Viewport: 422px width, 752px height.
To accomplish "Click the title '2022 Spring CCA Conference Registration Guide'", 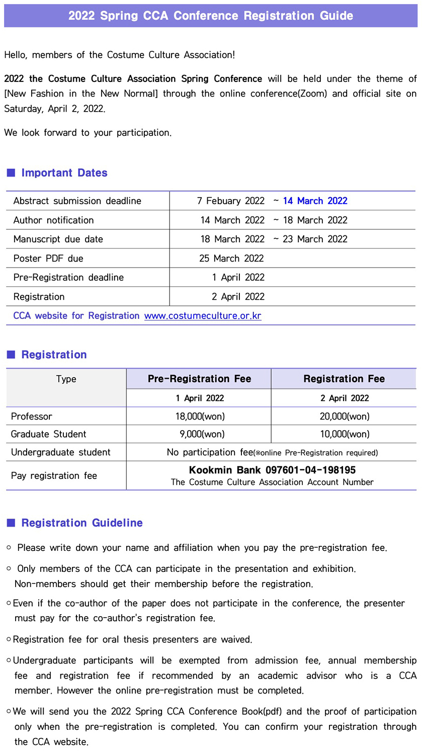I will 211,15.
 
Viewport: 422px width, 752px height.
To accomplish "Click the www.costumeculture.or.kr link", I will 203,316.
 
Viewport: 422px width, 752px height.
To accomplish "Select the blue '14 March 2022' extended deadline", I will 315,201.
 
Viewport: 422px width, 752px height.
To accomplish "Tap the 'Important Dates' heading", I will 64,173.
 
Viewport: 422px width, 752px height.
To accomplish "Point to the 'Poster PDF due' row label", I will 48,259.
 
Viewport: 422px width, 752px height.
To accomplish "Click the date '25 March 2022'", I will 231,259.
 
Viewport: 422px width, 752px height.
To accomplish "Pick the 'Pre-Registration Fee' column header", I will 199,379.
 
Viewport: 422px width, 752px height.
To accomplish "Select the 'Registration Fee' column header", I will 344,379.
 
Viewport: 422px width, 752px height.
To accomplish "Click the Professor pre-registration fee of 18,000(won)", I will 200,416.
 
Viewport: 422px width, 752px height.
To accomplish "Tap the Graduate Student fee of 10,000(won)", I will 345,434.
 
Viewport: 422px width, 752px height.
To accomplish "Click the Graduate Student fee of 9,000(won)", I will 202,434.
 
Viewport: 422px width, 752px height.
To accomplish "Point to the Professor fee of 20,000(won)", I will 345,416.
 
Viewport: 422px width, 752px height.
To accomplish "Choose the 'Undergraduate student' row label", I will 61,452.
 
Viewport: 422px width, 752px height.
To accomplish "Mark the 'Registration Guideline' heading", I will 81,523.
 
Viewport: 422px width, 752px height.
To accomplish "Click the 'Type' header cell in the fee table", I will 66,379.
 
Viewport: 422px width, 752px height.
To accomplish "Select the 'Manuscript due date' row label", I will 58,239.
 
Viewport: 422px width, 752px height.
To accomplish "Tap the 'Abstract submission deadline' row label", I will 77,201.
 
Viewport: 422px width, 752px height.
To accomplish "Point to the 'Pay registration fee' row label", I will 54,476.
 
